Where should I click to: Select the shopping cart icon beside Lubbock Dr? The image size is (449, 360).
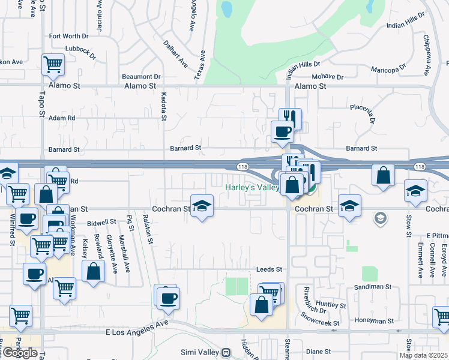[x=53, y=64]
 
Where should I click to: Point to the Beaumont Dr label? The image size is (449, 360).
[x=141, y=77]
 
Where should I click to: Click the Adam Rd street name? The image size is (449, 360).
[x=62, y=118]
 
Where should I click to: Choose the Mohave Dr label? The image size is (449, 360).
[x=328, y=77]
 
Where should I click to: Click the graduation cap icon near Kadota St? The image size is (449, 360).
[x=202, y=206]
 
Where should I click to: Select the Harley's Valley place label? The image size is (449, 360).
[x=252, y=188]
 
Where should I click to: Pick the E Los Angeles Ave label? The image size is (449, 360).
[x=137, y=323]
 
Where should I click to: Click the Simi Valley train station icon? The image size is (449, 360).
[x=226, y=353]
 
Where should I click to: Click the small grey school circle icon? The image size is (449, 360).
[x=379, y=218]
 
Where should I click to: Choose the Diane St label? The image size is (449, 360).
[x=315, y=352]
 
